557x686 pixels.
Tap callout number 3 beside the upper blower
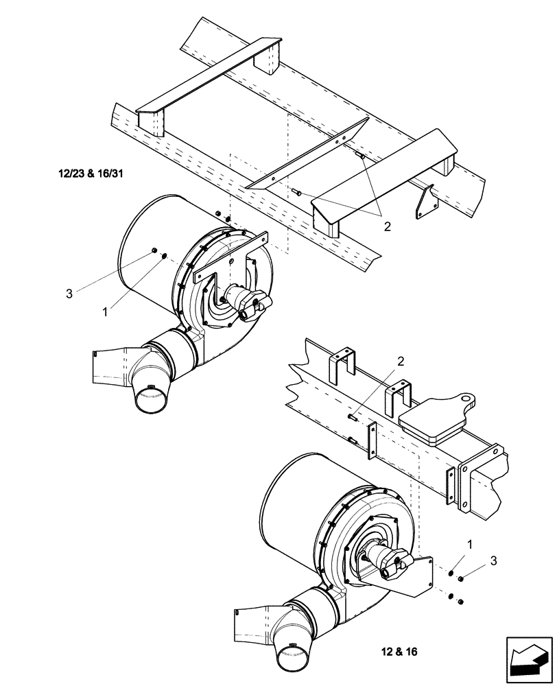[69, 294]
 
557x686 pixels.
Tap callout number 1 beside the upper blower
[105, 311]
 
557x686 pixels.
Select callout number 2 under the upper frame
[388, 226]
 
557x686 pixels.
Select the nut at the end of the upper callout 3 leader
[155, 249]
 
